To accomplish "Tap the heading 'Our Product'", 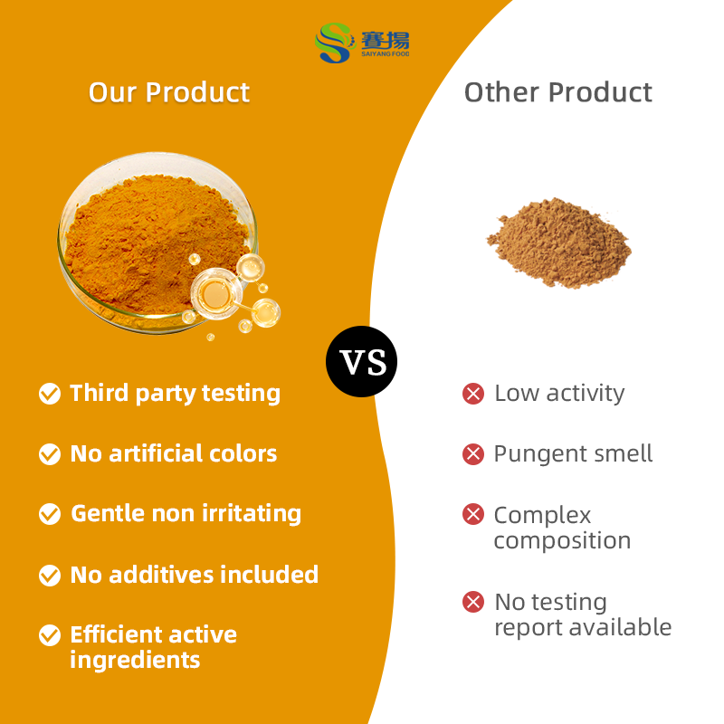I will [x=169, y=92].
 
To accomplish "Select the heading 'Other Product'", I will [x=557, y=92].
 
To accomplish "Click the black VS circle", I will [x=361, y=362].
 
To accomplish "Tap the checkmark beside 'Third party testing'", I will [x=50, y=394].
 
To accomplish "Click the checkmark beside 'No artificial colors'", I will [x=50, y=454].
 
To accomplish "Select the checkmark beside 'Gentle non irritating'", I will [x=50, y=514].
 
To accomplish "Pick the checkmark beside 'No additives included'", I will [x=50, y=576].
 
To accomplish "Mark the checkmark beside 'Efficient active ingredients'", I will [x=50, y=635].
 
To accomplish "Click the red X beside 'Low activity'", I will [x=473, y=394].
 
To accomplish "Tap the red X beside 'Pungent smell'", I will [x=473, y=454].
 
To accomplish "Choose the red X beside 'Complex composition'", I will [x=473, y=515].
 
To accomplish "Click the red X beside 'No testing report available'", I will [x=473, y=602].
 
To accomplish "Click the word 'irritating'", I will [x=247, y=514].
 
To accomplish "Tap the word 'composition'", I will [x=562, y=541].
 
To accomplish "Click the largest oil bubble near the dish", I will [x=215, y=292].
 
